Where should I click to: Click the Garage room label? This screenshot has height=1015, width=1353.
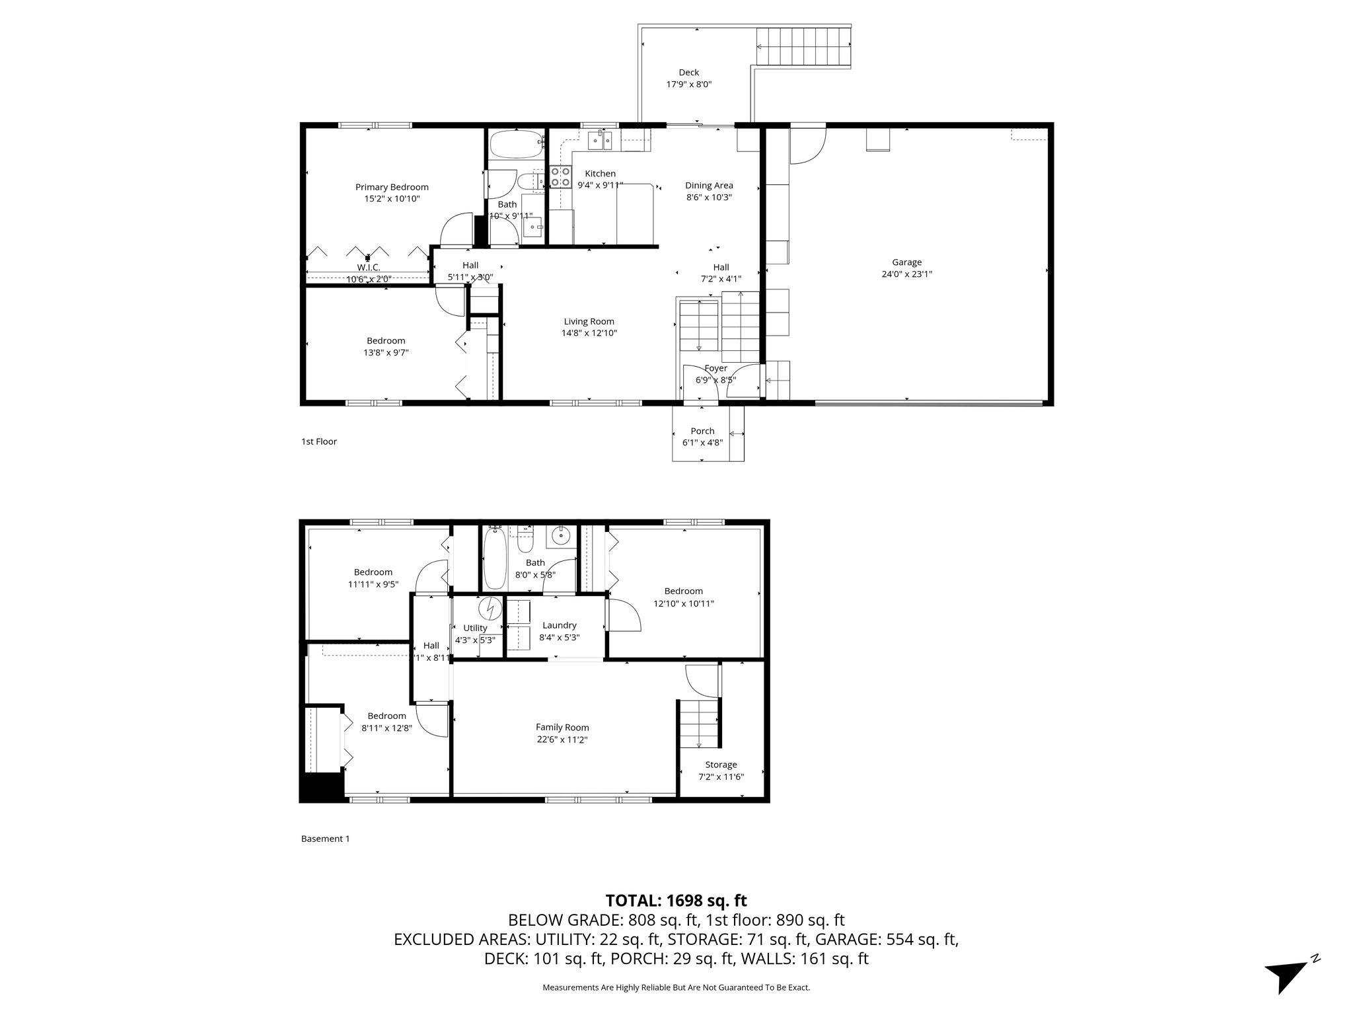(x=906, y=262)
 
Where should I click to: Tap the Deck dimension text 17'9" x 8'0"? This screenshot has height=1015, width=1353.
(x=688, y=85)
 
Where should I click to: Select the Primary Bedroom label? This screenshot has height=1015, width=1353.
(x=392, y=187)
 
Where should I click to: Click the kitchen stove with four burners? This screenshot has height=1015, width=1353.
(x=560, y=176)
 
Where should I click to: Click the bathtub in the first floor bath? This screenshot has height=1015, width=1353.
(x=516, y=144)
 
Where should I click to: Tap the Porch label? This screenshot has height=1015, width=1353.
(x=702, y=431)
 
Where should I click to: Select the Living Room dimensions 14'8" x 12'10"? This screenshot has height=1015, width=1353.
(x=589, y=334)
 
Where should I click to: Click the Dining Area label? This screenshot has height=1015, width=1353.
(x=709, y=186)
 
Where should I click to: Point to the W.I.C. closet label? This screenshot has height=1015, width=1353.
(x=368, y=267)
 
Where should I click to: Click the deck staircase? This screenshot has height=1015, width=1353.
(x=803, y=46)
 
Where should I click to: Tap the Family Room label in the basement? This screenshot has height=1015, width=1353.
(x=562, y=728)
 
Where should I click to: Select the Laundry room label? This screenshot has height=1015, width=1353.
(x=559, y=625)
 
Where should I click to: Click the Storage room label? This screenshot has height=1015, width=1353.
(x=721, y=765)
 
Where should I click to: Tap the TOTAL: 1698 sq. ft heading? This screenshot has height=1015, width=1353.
(x=676, y=900)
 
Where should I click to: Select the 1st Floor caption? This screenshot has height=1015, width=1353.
(x=318, y=441)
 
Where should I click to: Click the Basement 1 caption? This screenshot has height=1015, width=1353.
(x=325, y=839)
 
